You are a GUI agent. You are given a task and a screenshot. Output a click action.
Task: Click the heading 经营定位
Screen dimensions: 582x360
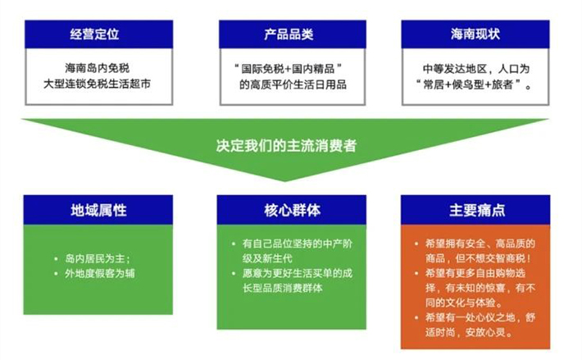[x=94, y=34]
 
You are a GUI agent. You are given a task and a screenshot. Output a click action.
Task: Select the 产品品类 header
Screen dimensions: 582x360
[x=289, y=34]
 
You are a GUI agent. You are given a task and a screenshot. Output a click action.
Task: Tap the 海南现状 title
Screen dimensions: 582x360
[x=475, y=34]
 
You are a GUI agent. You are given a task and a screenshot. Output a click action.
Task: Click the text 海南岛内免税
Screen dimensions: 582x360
[x=98, y=68]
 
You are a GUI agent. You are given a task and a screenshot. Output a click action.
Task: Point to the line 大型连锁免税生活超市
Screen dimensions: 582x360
[x=98, y=84]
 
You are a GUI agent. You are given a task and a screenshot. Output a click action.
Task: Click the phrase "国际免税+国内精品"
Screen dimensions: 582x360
[x=288, y=69]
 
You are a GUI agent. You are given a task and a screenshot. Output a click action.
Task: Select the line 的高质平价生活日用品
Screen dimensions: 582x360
[x=293, y=84]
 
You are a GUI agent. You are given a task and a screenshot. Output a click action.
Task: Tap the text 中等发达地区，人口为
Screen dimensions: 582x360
[x=475, y=69]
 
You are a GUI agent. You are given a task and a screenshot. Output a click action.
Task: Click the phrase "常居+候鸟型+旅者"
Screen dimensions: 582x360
[x=468, y=84]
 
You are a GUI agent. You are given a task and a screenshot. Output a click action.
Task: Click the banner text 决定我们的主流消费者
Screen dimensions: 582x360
[x=286, y=145]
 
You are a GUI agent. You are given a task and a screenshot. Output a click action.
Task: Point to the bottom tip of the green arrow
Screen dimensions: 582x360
[x=284, y=181]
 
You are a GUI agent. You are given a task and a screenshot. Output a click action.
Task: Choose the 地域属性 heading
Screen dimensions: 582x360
[x=98, y=210]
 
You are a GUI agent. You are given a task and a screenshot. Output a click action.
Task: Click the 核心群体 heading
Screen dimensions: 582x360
[x=292, y=210]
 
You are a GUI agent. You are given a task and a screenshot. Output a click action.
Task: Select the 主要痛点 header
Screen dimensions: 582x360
[x=477, y=210]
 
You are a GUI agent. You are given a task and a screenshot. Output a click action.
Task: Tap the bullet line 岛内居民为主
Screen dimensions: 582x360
[x=96, y=258]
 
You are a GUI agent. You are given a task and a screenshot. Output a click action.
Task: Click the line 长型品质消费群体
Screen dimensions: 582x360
[x=283, y=288]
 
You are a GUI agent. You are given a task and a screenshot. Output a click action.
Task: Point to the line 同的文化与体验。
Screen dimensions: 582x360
[x=464, y=303]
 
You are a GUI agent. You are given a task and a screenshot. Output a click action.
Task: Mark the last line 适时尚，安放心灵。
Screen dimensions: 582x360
[x=469, y=332]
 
